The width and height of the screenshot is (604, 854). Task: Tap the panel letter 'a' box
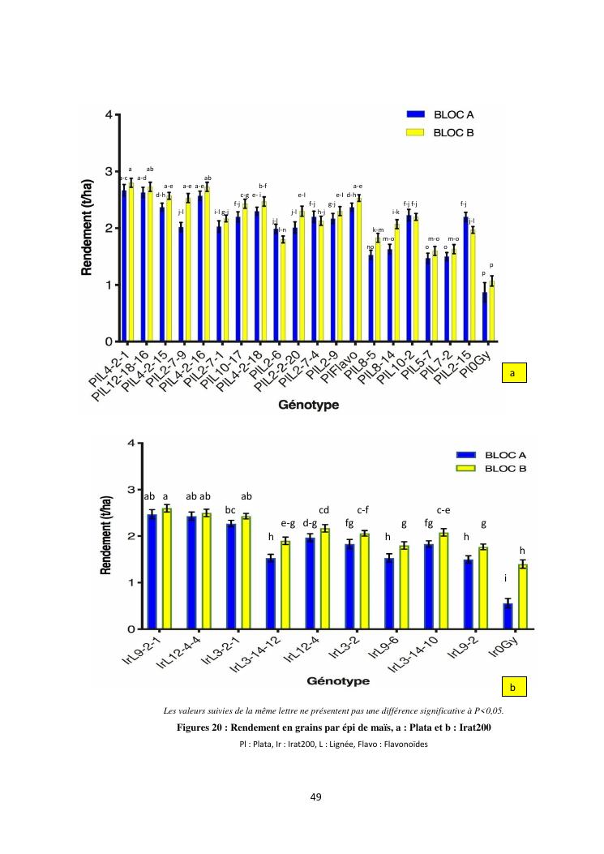point(512,372)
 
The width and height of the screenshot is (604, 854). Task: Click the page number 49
point(317,797)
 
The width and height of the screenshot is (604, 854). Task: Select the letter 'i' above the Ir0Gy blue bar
point(507,579)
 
